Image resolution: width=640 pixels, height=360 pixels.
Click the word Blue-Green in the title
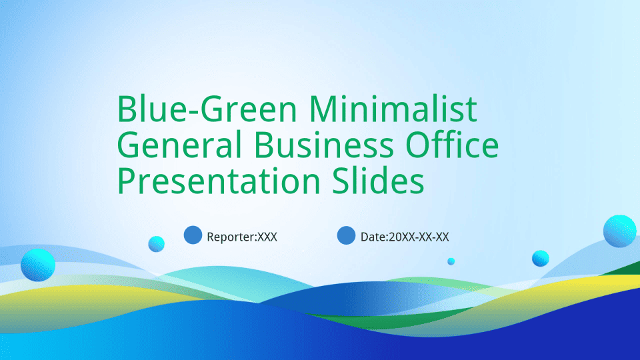207,109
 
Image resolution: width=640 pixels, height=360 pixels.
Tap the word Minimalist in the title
393,108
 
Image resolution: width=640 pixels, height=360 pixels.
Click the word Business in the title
324,145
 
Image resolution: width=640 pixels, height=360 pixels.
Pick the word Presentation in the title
219,181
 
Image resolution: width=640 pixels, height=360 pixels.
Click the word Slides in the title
378,181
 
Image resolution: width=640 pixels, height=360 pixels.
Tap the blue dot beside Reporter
193,235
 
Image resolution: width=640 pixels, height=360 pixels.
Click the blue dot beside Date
346,235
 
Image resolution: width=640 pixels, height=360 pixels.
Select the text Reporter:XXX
242,237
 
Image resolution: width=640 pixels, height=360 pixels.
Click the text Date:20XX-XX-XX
405,237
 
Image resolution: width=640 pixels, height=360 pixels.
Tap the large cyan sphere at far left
38,265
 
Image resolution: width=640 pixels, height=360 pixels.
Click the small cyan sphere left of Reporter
156,244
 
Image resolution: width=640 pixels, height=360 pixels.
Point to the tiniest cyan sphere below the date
451,261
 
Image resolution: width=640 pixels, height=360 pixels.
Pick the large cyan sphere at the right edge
619,231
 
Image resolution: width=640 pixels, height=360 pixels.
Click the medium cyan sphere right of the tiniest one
541,259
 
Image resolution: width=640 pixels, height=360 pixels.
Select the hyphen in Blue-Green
192,112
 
